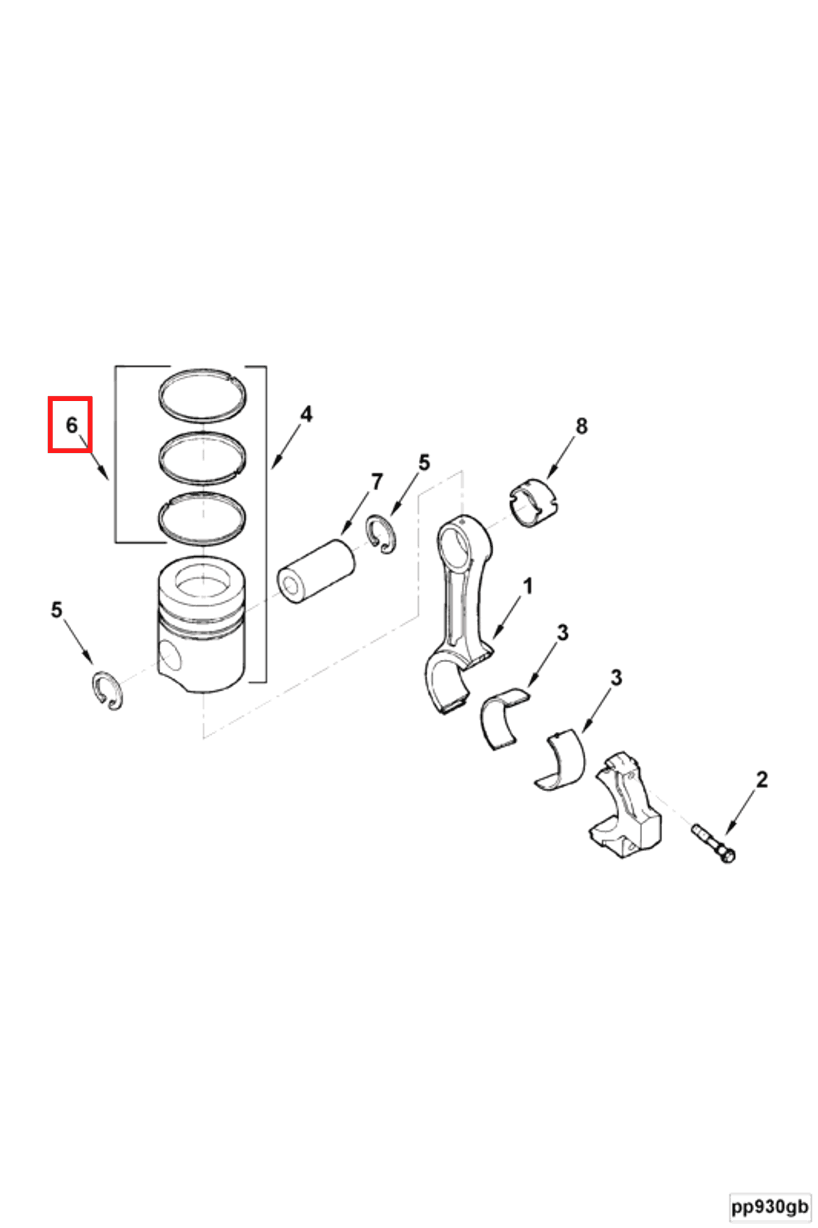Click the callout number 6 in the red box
tap(72, 425)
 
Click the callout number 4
tap(306, 414)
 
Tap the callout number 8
tap(581, 426)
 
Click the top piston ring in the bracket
tap(203, 395)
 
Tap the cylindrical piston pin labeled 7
tap(316, 572)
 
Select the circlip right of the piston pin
tap(381, 534)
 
